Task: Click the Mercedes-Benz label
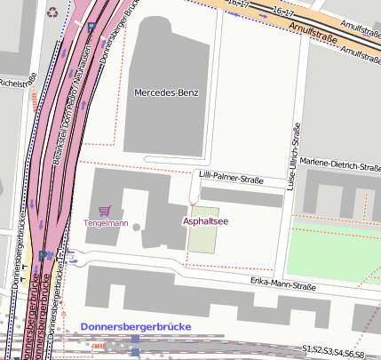pos(165,92)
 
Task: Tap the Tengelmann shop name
pos(106,222)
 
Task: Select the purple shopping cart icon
pos(105,211)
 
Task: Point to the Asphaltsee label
pos(205,220)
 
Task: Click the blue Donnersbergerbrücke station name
pos(135,327)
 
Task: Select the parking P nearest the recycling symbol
pos(92,27)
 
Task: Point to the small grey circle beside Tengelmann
pos(136,227)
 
